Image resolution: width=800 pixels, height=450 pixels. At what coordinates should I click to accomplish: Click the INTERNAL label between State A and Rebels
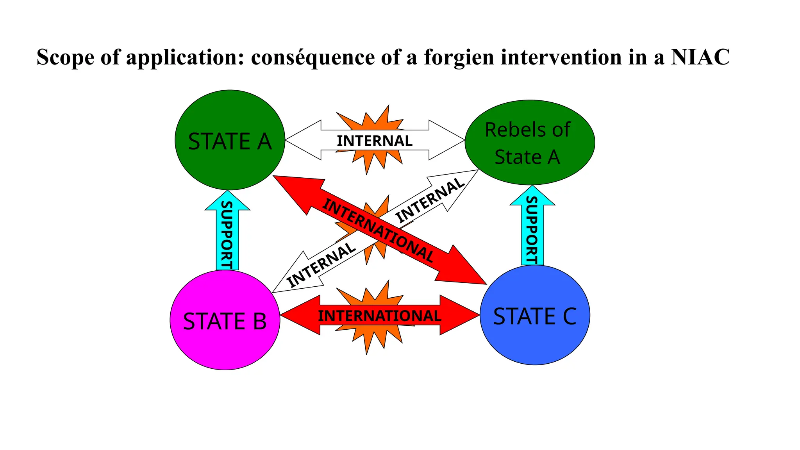[375, 141]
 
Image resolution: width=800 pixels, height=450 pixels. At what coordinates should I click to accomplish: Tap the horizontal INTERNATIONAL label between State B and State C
[379, 316]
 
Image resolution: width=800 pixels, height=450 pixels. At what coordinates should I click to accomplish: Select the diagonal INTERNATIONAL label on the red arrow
[378, 230]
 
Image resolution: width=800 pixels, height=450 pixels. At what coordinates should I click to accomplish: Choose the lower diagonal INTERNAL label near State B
[321, 265]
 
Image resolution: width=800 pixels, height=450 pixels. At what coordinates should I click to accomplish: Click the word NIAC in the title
[700, 57]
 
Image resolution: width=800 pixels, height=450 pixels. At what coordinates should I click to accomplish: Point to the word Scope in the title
[65, 57]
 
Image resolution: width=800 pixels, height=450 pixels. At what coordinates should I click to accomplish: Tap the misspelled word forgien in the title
[459, 57]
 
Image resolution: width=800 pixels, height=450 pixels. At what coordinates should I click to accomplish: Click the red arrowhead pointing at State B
[297, 315]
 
